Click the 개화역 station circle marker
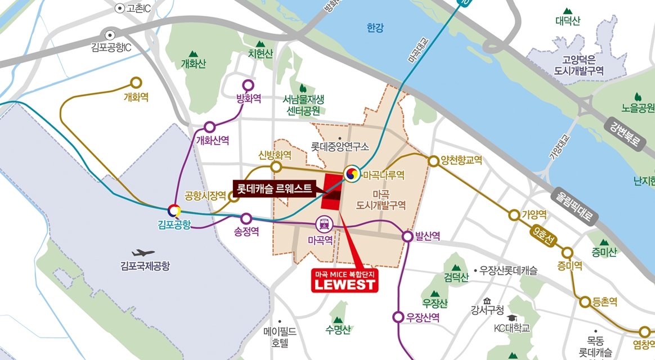(x=136, y=82)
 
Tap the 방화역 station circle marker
(x=248, y=85)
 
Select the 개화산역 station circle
(x=209, y=127)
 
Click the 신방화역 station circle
(x=276, y=167)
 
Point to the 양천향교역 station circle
(x=433, y=161)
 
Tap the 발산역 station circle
(x=408, y=236)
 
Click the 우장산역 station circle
(x=399, y=317)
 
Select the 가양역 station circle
(x=514, y=215)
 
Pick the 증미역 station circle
(x=567, y=253)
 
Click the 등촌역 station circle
(x=583, y=301)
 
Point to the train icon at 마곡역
(x=325, y=224)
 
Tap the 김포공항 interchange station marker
(x=176, y=211)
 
